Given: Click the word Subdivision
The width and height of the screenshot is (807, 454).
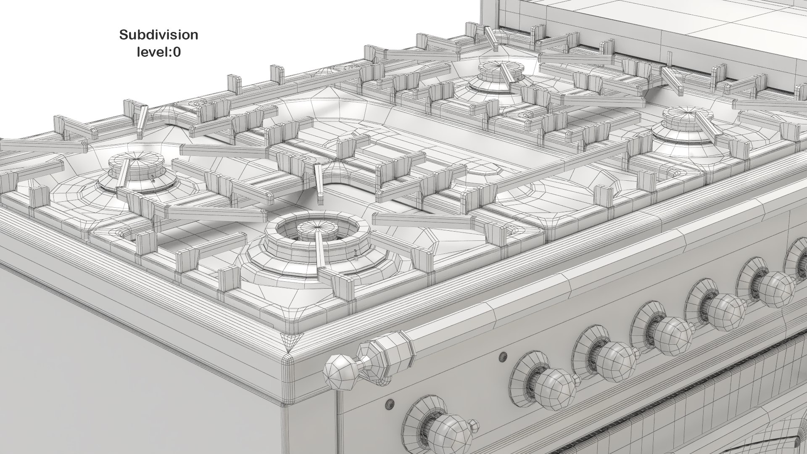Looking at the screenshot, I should (158, 35).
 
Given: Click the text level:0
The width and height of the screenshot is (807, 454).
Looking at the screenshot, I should (158, 52).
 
